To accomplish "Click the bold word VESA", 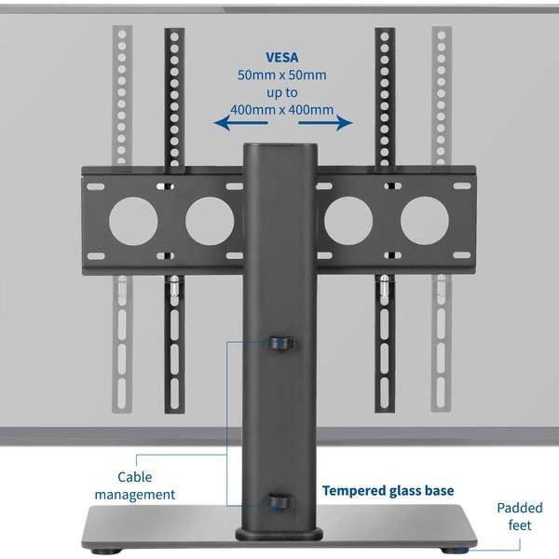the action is pyautogui.click(x=281, y=58).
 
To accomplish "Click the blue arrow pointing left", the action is pyautogui.click(x=240, y=123).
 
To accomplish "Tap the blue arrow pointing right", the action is pyautogui.click(x=325, y=123).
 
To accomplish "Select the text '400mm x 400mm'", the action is pyautogui.click(x=281, y=109).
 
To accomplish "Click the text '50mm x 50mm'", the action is pyautogui.click(x=281, y=75).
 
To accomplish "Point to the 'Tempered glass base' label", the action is pyautogui.click(x=388, y=491).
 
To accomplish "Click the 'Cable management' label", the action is pyautogui.click(x=135, y=485).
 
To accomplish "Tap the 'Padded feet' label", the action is pyautogui.click(x=520, y=516).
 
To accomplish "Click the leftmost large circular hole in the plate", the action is pyautogui.click(x=133, y=221).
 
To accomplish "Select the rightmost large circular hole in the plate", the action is pyautogui.click(x=425, y=221).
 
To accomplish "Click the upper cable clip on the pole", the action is pyautogui.click(x=281, y=343).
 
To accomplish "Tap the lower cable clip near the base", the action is pyautogui.click(x=281, y=501).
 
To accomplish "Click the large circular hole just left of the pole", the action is pyautogui.click(x=210, y=221).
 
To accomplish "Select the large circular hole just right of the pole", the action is pyautogui.click(x=348, y=221).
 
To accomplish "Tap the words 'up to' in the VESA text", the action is pyautogui.click(x=281, y=92).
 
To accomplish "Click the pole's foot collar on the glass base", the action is pyautogui.click(x=279, y=534).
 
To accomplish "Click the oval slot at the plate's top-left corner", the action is pyautogui.click(x=96, y=187).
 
